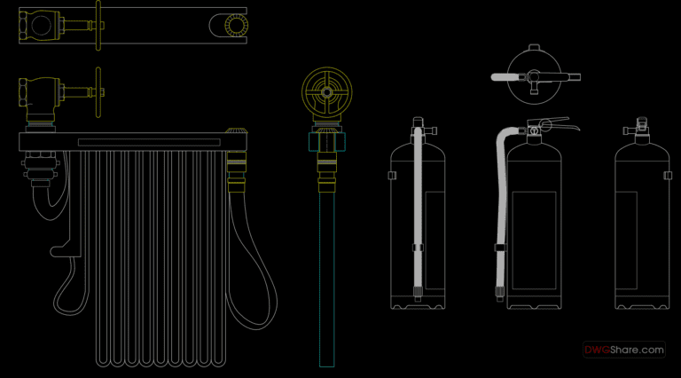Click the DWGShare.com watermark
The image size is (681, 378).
pyautogui.click(x=623, y=350)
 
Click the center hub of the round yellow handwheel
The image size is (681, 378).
pyautogui.click(x=326, y=92)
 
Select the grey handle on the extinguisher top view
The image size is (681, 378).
pyautogui.click(x=505, y=77)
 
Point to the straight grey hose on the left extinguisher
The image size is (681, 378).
pyautogui.click(x=418, y=209)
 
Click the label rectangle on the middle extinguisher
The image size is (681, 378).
pyautogui.click(x=534, y=240)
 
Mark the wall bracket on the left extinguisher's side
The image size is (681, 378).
pyautogui.click(x=392, y=175)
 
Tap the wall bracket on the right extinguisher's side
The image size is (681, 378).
pyautogui.click(x=668, y=175)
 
